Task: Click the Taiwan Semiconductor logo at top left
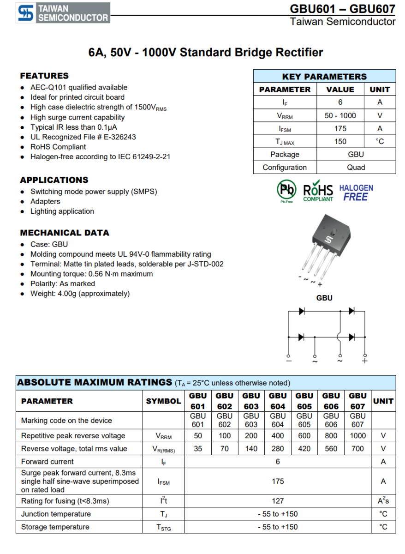click(x=63, y=13)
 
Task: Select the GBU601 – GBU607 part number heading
click(x=342, y=9)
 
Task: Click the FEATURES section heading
click(x=44, y=76)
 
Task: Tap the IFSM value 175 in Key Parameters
click(x=340, y=129)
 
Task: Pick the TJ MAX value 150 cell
click(x=340, y=142)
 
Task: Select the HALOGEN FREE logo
click(x=356, y=193)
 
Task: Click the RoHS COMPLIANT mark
click(x=318, y=193)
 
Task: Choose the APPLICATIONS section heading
click(x=54, y=180)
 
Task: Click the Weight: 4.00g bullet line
click(x=80, y=294)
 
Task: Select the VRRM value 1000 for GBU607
click(x=357, y=436)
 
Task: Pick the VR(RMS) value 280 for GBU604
click(x=278, y=449)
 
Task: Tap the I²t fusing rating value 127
click(x=278, y=501)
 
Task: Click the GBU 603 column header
click(x=251, y=401)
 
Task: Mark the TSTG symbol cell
click(x=163, y=527)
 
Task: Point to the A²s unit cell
click(x=383, y=501)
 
